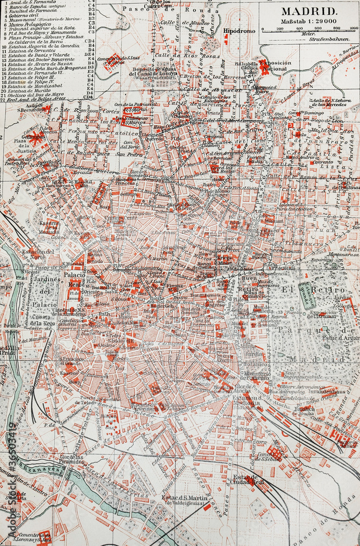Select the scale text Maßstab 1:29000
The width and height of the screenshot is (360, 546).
pyautogui.click(x=309, y=21)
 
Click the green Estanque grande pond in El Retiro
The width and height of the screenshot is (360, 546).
pyautogui.click(x=306, y=295)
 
